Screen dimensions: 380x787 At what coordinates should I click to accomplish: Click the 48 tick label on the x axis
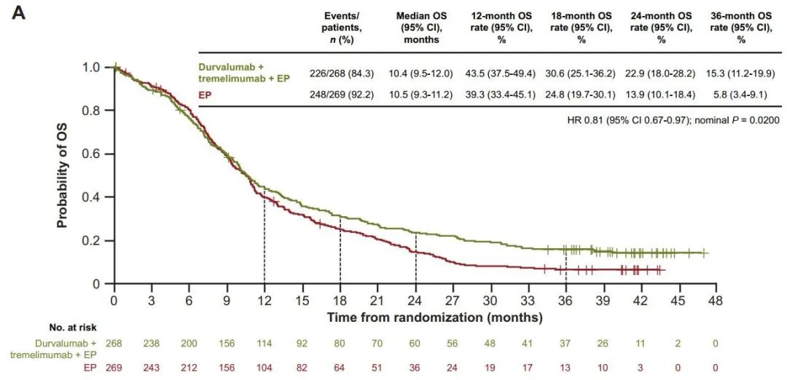pos(716,300)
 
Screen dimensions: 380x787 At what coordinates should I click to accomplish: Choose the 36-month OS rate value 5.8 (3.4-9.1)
pos(740,95)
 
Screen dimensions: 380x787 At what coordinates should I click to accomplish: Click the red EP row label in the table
pos(208,95)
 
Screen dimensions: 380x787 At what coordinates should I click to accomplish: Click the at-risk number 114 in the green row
pos(264,343)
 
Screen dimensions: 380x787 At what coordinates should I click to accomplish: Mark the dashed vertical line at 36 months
pos(566,273)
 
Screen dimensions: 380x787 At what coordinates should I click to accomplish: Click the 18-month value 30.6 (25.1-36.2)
pos(581,74)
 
